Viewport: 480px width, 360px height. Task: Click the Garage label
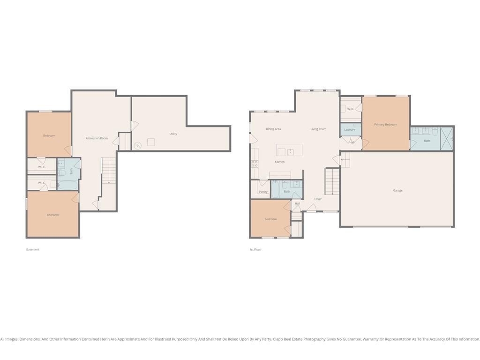pyautogui.click(x=397, y=190)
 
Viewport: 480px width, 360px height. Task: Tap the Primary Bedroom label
pyautogui.click(x=385, y=124)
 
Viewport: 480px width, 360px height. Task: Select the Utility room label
pyautogui.click(x=173, y=134)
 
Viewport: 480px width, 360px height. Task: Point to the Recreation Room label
pyautogui.click(x=97, y=138)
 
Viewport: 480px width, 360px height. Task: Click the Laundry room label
pyautogui.click(x=350, y=129)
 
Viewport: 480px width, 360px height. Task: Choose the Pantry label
pyautogui.click(x=263, y=192)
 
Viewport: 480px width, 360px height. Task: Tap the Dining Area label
pyautogui.click(x=273, y=129)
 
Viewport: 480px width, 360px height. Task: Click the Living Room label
pyautogui.click(x=318, y=129)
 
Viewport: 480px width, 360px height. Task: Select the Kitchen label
pyautogui.click(x=280, y=162)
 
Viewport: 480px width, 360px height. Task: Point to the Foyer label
pyautogui.click(x=318, y=199)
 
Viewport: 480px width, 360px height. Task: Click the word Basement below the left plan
pyautogui.click(x=33, y=249)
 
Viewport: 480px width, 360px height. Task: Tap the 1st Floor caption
pyautogui.click(x=255, y=249)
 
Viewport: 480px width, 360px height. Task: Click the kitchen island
pyautogui.click(x=290, y=150)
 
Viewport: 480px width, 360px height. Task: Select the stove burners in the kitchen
pyautogui.click(x=255, y=164)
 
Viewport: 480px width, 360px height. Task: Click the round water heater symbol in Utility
pyautogui.click(x=138, y=145)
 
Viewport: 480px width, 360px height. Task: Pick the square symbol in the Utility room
pyautogui.click(x=151, y=142)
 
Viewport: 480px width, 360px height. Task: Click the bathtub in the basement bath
pyautogui.click(x=67, y=185)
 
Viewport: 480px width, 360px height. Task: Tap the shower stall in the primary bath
pyautogui.click(x=446, y=139)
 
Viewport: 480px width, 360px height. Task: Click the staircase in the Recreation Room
pyautogui.click(x=109, y=171)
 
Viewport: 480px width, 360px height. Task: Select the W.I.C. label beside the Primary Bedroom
pyautogui.click(x=351, y=109)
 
